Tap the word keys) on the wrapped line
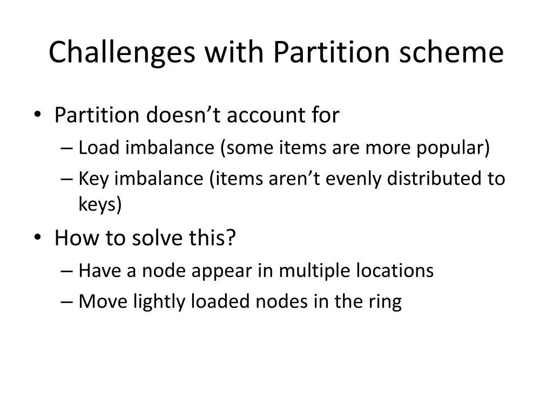[100, 205]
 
